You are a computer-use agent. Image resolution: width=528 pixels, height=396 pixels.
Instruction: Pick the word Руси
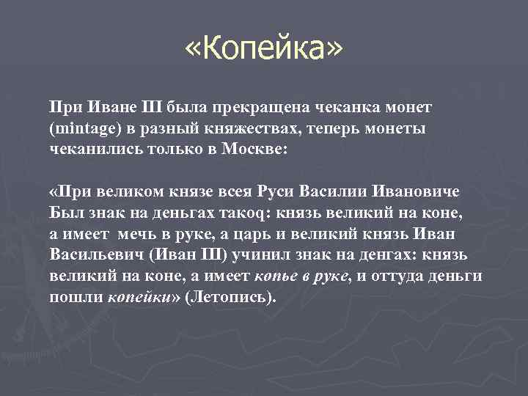pyautogui.click(x=276, y=192)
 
